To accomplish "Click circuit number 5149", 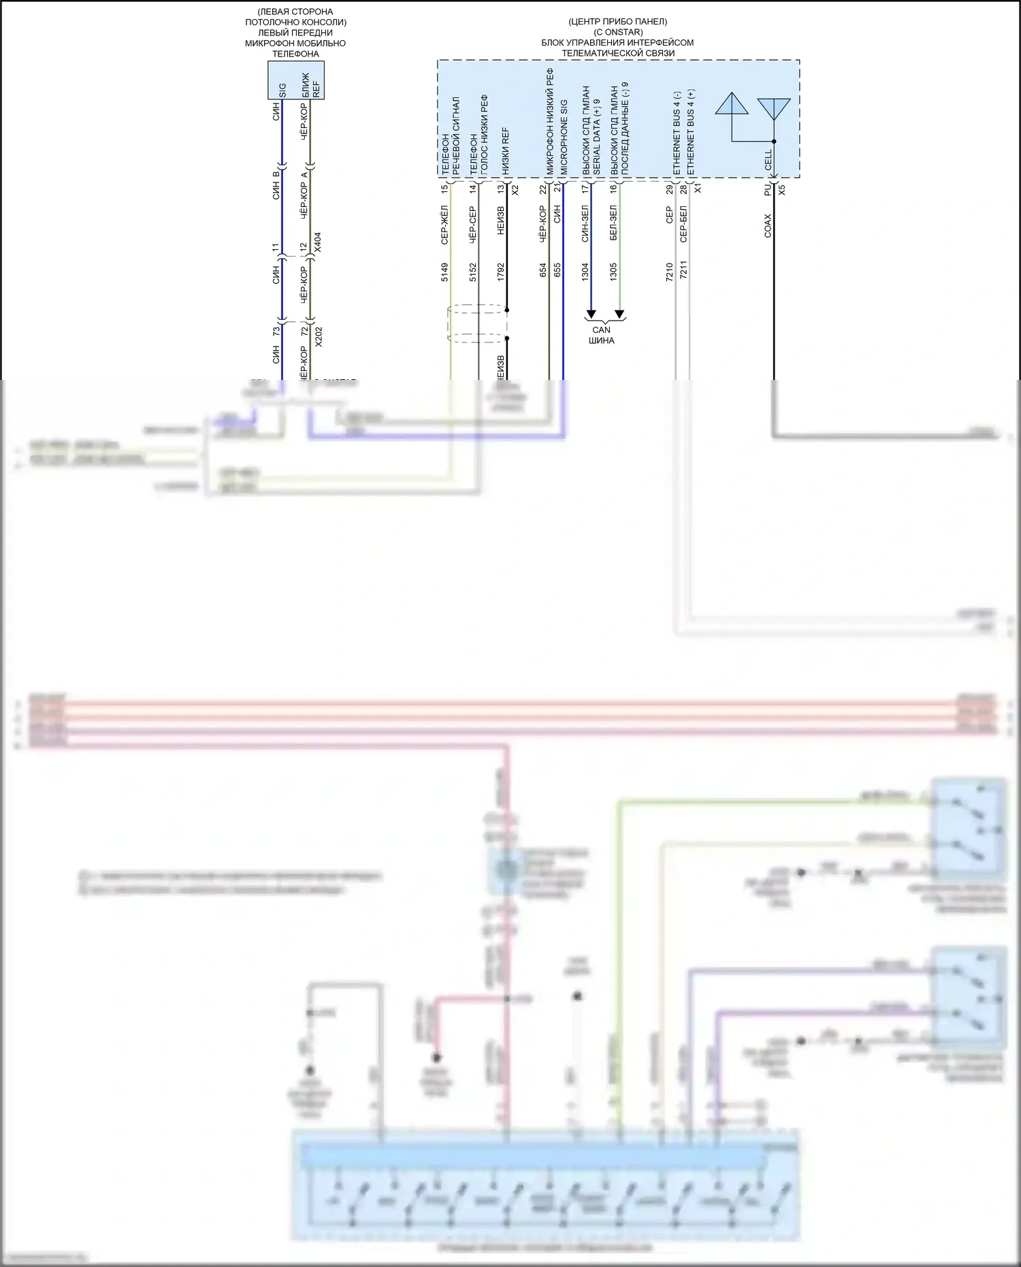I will tap(444, 272).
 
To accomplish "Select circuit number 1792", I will tap(501, 272).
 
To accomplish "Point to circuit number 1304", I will tap(585, 272).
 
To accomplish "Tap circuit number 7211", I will tap(683, 270).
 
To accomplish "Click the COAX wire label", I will tap(768, 226).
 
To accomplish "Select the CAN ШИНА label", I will tap(602, 335).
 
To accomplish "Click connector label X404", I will tap(318, 243).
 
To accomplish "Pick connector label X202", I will tap(319, 336).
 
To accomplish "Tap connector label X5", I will tap(781, 190).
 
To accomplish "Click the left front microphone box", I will tap(295, 80).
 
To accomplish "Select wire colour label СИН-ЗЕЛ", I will tap(585, 223).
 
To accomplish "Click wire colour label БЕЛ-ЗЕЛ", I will tap(613, 223).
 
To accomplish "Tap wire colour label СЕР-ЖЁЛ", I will tap(444, 224).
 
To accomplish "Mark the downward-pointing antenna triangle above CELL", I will tap(774, 109).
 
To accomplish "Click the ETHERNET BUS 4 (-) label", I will tap(677, 133).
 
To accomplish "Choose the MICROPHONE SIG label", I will tap(564, 137).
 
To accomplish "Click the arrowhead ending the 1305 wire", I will tap(619, 314).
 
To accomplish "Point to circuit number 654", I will tap(543, 270).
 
